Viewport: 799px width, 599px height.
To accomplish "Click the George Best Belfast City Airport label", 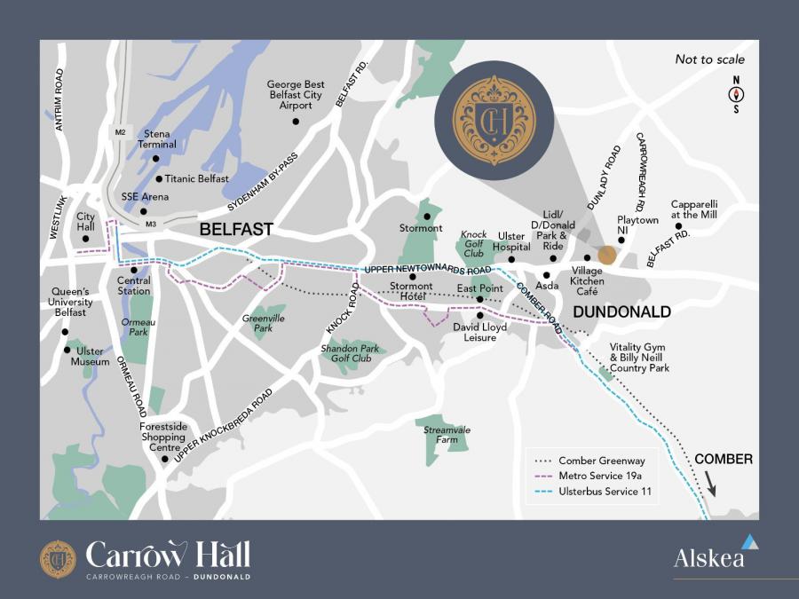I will [x=296, y=95].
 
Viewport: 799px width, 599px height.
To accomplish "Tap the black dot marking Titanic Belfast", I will [x=159, y=178].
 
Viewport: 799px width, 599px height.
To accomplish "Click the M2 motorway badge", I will [x=121, y=132].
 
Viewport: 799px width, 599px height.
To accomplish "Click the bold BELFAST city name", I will [x=235, y=229].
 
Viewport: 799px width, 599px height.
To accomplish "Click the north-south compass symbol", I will [x=736, y=94].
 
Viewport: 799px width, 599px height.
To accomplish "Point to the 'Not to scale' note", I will [x=709, y=59].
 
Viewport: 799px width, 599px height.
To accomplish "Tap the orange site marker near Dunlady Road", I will [x=606, y=256].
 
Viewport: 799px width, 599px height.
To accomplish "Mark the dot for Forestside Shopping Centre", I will [x=163, y=459].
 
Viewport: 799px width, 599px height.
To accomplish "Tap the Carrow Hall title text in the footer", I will [x=168, y=556].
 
